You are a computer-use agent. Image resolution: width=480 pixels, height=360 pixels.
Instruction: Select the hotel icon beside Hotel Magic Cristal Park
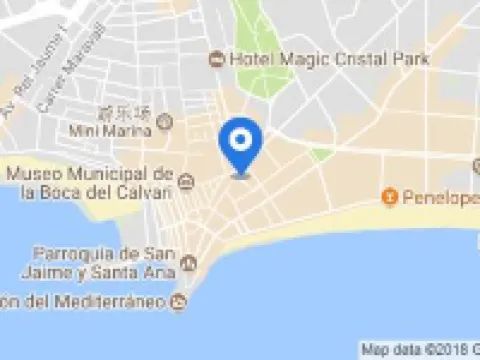click(x=215, y=60)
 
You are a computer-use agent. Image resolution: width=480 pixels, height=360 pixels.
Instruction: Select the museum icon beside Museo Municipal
click(x=188, y=181)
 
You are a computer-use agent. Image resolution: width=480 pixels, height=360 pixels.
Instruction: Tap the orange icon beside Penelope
click(x=390, y=193)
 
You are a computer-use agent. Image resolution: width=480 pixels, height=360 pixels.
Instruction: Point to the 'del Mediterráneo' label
click(x=86, y=300)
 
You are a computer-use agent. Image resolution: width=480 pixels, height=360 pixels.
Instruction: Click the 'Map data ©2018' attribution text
click(x=418, y=350)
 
